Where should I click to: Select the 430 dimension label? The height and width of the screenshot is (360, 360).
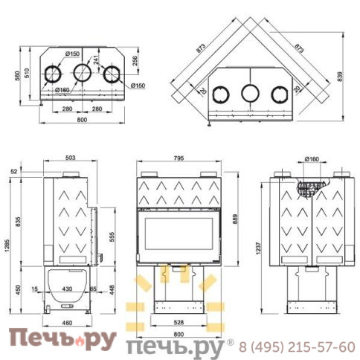[67, 288]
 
